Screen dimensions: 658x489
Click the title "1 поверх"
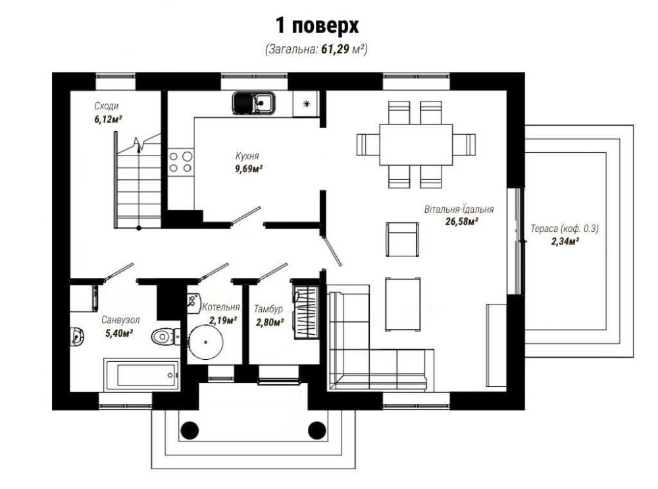(317, 26)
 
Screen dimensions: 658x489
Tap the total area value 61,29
(336, 49)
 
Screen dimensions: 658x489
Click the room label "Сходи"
(106, 105)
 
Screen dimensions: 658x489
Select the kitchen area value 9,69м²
(249, 169)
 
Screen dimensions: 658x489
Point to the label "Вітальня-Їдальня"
(459, 209)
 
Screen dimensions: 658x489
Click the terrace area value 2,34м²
(565, 241)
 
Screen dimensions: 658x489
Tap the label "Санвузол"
(120, 320)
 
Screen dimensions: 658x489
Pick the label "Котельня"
(221, 307)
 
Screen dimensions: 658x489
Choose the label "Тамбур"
(268, 309)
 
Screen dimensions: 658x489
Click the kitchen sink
(253, 103)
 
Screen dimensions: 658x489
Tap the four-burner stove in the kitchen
(181, 162)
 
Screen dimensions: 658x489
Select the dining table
(416, 144)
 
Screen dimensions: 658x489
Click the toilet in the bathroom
(165, 337)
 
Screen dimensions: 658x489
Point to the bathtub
(142, 375)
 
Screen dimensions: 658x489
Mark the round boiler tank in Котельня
(205, 342)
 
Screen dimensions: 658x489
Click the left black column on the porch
(190, 430)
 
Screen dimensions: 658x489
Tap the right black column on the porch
(317, 430)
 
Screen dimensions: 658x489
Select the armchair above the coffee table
(402, 239)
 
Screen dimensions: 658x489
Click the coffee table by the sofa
(403, 304)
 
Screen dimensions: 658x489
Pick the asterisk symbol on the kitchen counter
(307, 103)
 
